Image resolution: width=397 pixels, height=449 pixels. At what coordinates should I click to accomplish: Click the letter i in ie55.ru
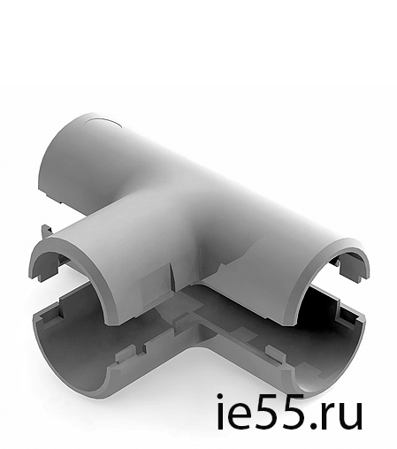[221, 411]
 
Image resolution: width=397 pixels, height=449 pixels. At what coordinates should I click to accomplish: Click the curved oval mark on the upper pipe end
[103, 122]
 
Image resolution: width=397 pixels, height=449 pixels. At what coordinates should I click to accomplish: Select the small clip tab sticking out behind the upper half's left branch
[46, 232]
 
